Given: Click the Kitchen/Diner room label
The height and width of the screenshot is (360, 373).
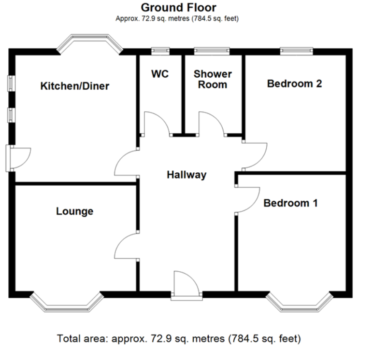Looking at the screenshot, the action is coord(75,86).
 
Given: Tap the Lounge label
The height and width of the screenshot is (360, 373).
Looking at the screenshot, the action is coord(75,211).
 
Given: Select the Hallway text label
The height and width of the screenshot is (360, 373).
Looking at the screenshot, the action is coord(186,175).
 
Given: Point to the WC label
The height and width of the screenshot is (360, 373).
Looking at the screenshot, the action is coord(160,74).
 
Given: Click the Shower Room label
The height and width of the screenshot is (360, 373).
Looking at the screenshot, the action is coord(213,79).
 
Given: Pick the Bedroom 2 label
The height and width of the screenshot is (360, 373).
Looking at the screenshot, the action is coord(295,83).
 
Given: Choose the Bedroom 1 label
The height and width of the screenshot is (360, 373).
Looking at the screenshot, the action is coord(291,203).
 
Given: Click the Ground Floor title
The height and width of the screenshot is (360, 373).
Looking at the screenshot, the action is coord(179,7).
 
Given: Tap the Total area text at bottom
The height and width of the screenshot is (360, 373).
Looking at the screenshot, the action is coord(179,339).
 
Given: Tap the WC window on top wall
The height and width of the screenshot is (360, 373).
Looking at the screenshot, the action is coord(160,51).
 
